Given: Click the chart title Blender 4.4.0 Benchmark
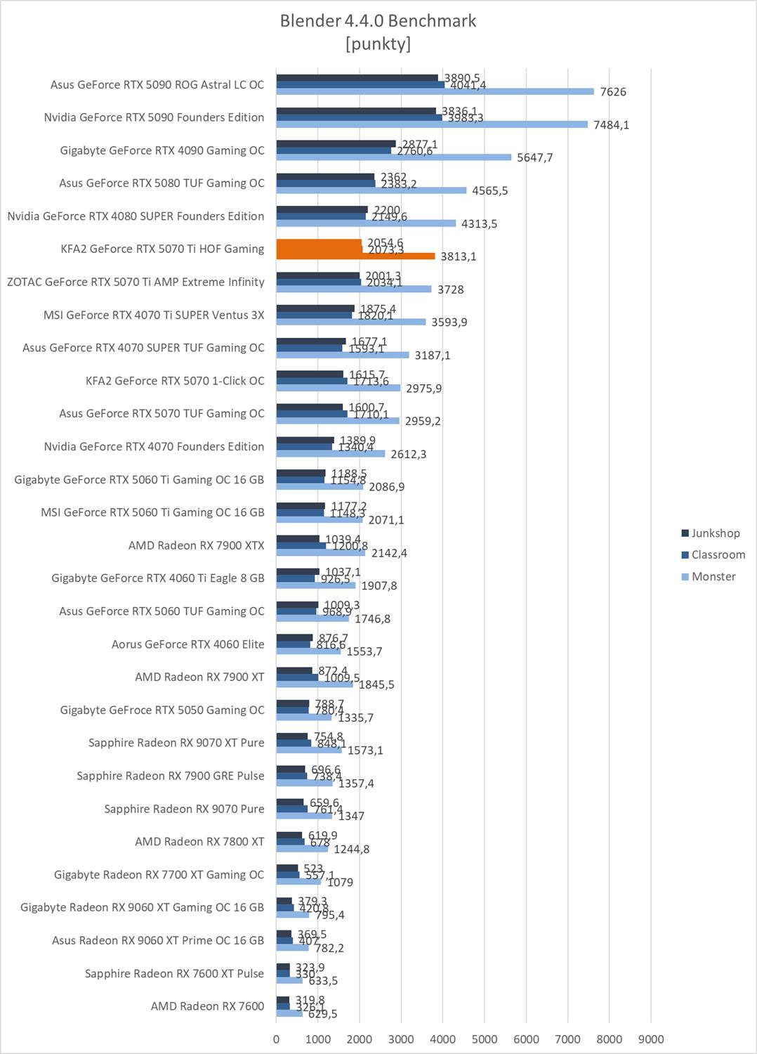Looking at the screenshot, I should point(378,21).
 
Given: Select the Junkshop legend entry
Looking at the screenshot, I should point(715,533).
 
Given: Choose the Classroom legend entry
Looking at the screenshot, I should point(718,555).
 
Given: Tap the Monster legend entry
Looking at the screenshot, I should point(713,577).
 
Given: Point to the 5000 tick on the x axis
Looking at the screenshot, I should point(485,1039).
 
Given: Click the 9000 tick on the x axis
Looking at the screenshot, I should point(651,1039).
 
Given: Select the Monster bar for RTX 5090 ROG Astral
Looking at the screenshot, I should point(435,92).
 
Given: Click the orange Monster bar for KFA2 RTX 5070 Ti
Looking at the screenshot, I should point(355,256).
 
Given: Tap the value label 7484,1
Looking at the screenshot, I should point(611,125).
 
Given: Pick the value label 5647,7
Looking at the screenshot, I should point(534,158).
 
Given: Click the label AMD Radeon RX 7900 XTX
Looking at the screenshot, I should point(196,545).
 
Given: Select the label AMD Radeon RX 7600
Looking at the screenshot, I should point(207,1006).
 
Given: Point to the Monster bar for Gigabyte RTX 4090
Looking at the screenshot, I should point(393,157).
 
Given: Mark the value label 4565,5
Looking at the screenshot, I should point(489,191).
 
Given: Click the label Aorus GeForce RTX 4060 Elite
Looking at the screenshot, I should point(187,644).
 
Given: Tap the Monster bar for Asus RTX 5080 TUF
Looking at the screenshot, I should point(371,190).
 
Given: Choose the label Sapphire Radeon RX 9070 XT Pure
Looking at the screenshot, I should point(176,743).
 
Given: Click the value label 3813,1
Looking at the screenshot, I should point(458,256).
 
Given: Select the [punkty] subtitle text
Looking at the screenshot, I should point(378,44).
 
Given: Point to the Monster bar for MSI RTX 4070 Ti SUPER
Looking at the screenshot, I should point(350,322).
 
